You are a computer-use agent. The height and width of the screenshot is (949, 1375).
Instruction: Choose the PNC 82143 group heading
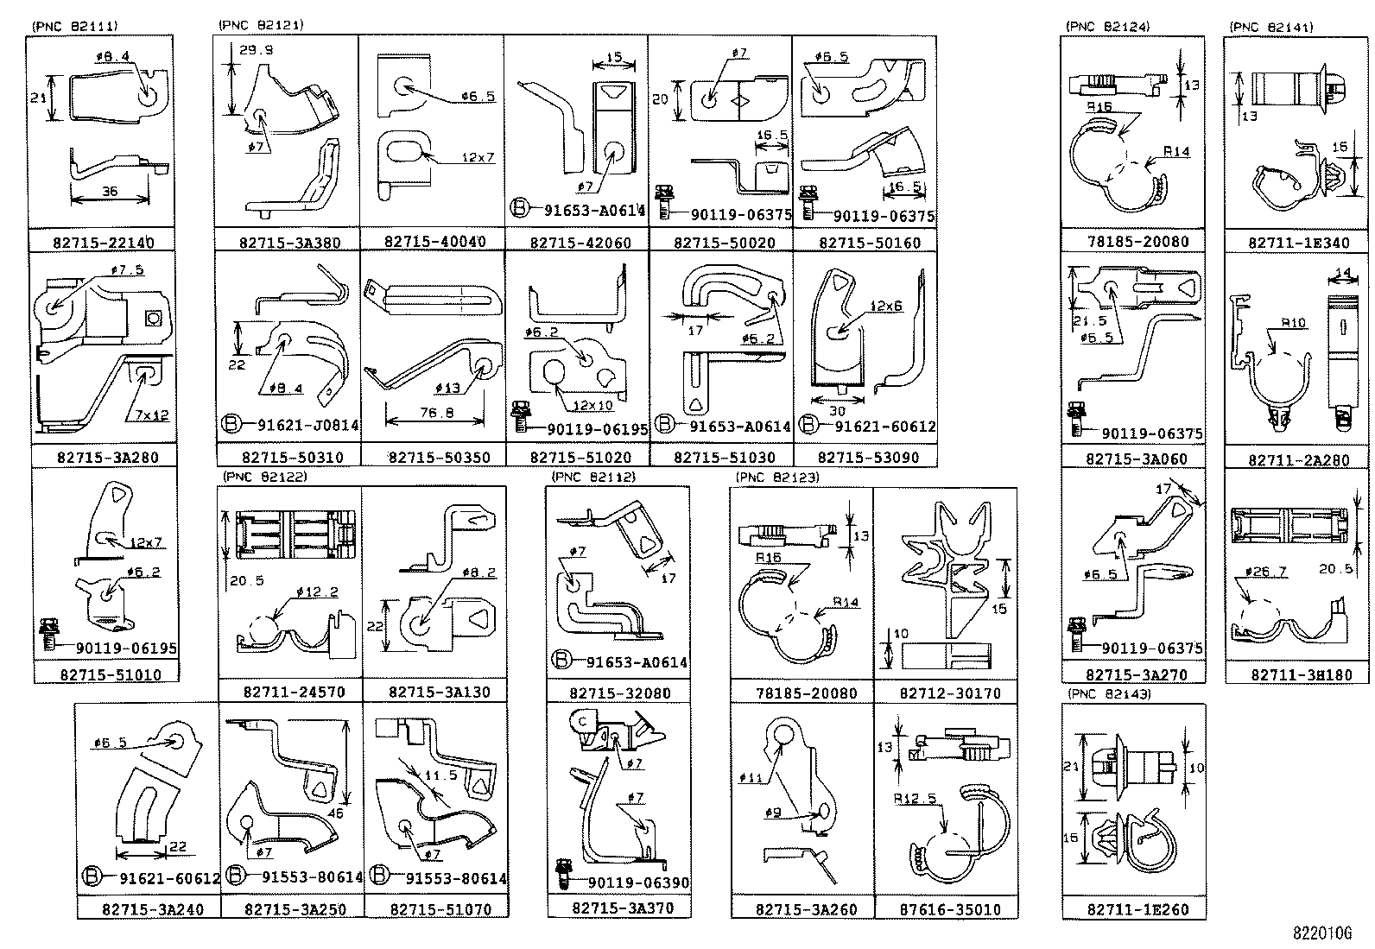click(x=1109, y=693)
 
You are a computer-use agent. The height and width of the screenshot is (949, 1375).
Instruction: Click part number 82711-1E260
click(x=1132, y=909)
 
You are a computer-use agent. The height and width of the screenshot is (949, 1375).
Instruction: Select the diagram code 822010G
click(x=1321, y=933)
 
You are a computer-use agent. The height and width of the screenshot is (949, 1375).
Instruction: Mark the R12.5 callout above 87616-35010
click(x=916, y=798)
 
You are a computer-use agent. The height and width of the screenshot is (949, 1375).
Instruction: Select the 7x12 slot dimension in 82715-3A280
click(x=151, y=415)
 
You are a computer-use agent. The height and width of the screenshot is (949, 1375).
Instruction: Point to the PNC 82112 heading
click(x=593, y=477)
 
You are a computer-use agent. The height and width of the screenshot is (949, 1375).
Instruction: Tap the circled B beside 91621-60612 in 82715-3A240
click(x=92, y=877)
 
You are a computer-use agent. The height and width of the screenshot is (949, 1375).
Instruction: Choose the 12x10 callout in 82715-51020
click(x=592, y=406)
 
